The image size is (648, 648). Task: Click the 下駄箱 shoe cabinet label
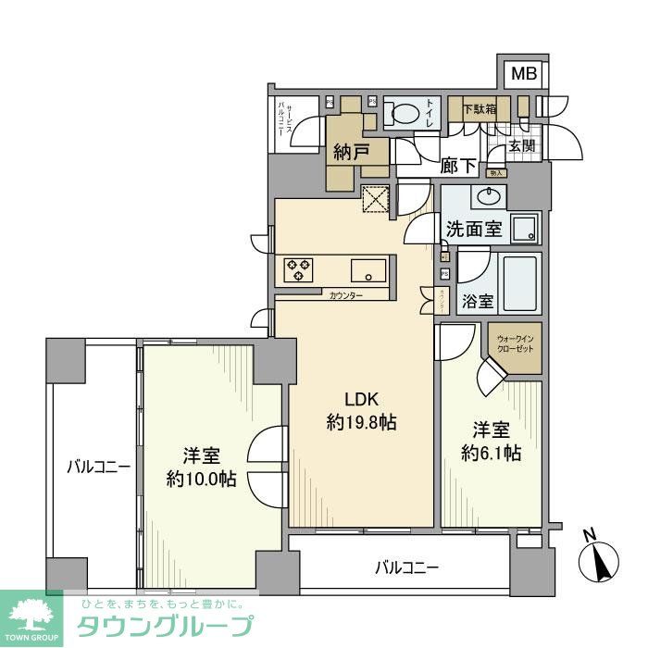click(480, 108)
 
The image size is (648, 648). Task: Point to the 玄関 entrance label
click(521, 145)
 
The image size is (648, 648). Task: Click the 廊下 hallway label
click(458, 166)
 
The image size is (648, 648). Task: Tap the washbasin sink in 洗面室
click(488, 196)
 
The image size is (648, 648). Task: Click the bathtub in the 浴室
click(520, 283)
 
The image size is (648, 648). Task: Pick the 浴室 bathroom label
click(479, 302)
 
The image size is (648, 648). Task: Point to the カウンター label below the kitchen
click(345, 295)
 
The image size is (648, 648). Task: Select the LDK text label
click(361, 399)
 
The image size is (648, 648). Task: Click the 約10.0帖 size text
click(200, 479)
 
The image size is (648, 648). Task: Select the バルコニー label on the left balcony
click(98, 467)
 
